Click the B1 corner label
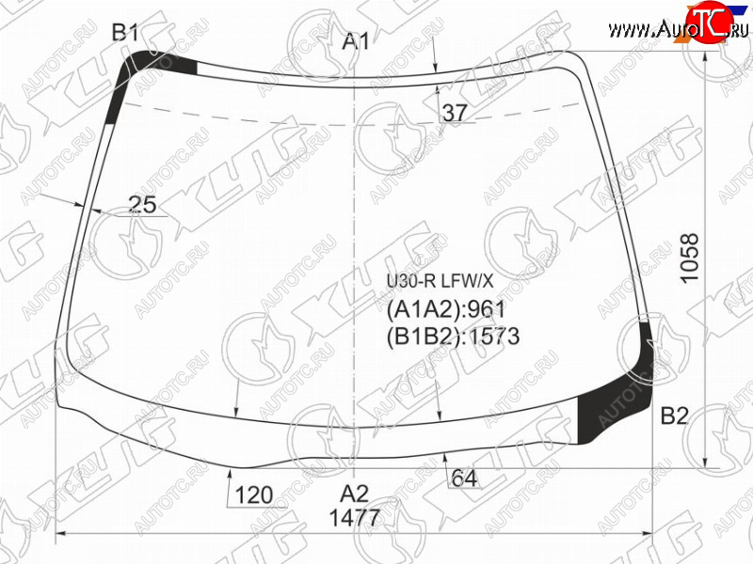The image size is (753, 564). point(125,33)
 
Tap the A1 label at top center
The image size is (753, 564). point(356,41)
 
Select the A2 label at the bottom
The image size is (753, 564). point(355,493)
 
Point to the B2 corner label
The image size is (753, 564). point(675,415)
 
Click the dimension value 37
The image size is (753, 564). point(455,113)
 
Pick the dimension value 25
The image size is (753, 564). point(143,205)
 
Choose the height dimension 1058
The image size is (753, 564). point(690,258)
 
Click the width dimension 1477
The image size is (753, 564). point(355,518)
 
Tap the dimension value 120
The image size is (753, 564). point(254,495)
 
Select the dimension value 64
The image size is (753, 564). point(464,478)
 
